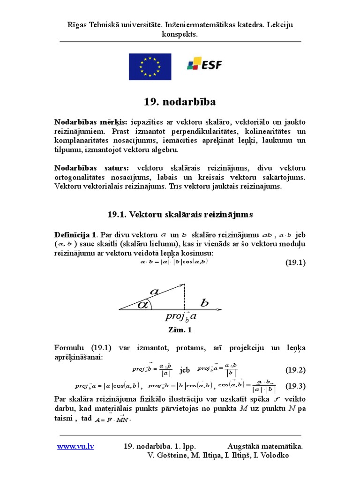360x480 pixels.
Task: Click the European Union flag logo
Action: [x=150, y=66]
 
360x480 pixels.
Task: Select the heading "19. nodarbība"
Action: [x=180, y=102]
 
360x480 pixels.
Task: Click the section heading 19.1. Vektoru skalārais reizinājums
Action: [x=180, y=214]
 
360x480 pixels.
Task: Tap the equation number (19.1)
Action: [x=295, y=262]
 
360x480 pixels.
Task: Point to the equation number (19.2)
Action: [x=295, y=370]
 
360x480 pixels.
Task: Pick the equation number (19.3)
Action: [x=295, y=386]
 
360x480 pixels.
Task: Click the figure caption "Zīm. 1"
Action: [x=180, y=330]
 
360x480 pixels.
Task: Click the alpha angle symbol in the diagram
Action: [x=143, y=305]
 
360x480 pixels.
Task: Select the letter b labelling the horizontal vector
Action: [x=204, y=303]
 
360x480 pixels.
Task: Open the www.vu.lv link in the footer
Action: [x=75, y=446]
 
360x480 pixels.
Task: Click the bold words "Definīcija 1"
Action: [x=75, y=234]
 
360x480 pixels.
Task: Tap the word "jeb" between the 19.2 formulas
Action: [x=185, y=370]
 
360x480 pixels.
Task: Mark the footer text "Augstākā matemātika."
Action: [x=265, y=446]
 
